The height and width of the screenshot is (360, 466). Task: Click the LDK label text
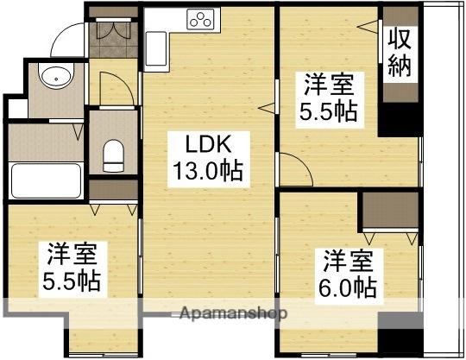tap(205, 142)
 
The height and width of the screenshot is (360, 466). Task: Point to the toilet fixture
tap(113, 155)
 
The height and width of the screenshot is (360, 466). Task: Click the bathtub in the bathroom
tap(46, 181)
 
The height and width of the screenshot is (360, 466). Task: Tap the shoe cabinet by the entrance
tap(112, 33)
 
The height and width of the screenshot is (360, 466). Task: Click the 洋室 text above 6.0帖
tap(349, 259)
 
